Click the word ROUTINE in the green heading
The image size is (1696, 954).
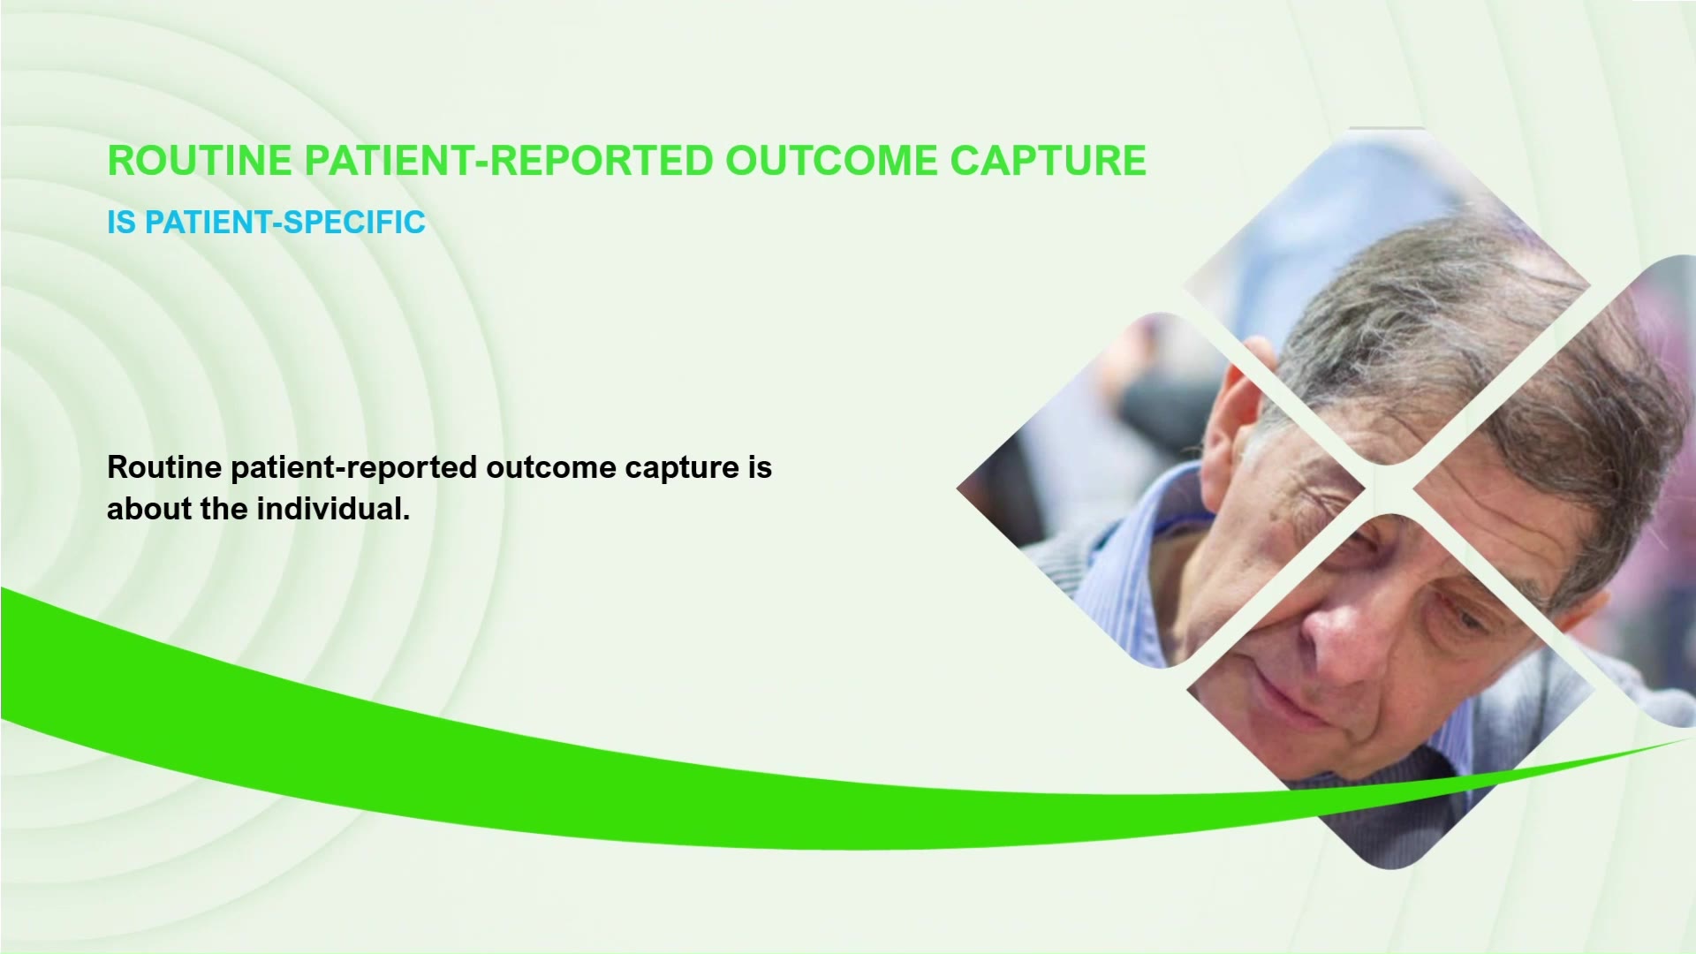(200, 161)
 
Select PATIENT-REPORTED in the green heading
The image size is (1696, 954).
(509, 161)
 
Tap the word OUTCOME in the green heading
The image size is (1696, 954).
(831, 161)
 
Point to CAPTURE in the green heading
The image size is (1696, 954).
(1048, 161)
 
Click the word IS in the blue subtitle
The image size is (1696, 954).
(122, 223)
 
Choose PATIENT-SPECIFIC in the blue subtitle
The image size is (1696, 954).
(285, 223)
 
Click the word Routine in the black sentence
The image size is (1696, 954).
(164, 467)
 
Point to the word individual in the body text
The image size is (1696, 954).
(333, 509)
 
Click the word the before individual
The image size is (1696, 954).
(224, 509)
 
